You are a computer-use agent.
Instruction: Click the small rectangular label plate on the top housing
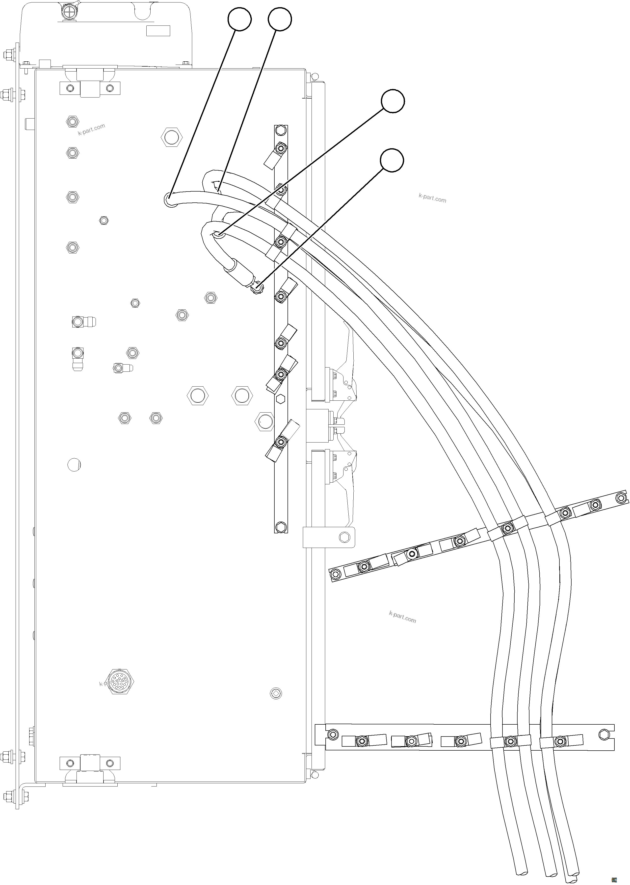(x=158, y=31)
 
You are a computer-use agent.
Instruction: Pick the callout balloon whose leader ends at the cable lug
(x=392, y=160)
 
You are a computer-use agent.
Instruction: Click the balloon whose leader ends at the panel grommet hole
(x=239, y=19)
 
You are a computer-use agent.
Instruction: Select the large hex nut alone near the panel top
(x=171, y=137)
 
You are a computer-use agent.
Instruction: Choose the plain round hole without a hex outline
(x=74, y=464)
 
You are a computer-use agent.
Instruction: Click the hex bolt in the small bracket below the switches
(x=344, y=537)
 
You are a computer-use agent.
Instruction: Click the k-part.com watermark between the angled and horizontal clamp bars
(x=402, y=617)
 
